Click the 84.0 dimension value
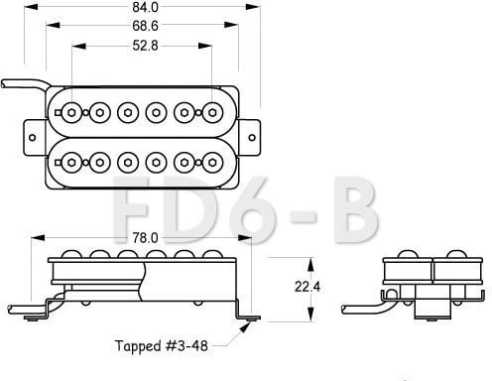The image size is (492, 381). point(145,7)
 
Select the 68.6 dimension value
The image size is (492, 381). point(145,26)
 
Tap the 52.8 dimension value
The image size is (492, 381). point(145,46)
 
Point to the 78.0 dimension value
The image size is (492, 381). point(145,238)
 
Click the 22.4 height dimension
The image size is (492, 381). point(307,287)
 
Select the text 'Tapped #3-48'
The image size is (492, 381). point(162,346)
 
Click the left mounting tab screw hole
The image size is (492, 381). point(33,137)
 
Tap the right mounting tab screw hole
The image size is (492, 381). point(252,137)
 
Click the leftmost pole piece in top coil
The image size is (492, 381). point(71,113)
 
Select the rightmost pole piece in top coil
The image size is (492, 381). point(212,113)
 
